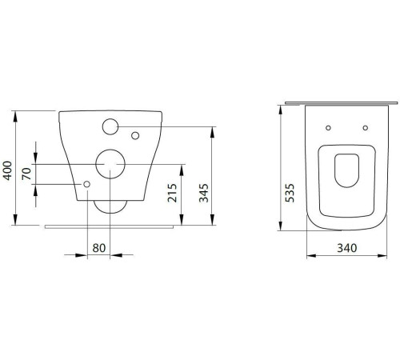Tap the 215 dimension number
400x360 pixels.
click(173, 193)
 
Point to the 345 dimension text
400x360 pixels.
click(204, 193)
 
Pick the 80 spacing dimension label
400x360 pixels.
click(99, 248)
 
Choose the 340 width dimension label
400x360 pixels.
click(346, 248)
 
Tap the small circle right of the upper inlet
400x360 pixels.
click(134, 133)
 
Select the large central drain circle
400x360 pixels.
click(110, 163)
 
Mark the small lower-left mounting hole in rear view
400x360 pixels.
click(86, 184)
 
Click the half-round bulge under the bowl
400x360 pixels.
click(110, 206)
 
